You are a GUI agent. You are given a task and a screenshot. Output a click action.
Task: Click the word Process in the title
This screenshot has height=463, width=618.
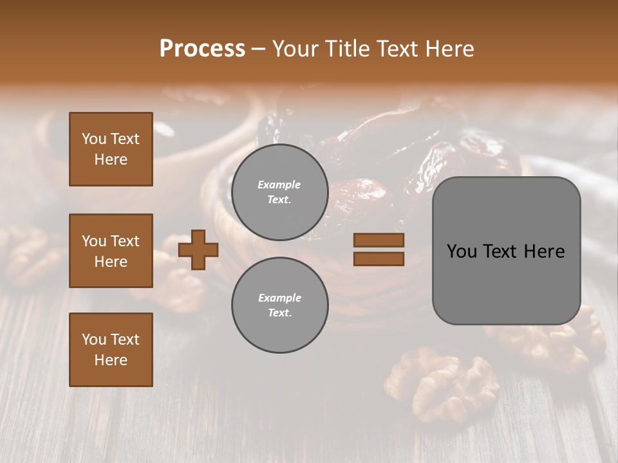click(x=202, y=48)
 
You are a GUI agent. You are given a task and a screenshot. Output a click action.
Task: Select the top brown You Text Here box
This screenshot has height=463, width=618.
click(x=111, y=149)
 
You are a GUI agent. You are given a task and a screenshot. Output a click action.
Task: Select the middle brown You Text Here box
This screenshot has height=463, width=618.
click(x=111, y=251)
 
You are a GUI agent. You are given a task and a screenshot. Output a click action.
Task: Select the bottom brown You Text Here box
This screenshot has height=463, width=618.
click(x=111, y=350)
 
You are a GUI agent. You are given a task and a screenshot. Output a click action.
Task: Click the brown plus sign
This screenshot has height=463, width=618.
click(x=198, y=250)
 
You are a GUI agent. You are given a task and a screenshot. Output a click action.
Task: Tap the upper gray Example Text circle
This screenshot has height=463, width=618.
click(x=279, y=192)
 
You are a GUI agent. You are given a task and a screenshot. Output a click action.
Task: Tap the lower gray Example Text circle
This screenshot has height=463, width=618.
click(x=279, y=305)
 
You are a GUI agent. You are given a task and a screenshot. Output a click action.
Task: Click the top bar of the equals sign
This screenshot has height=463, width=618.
click(x=379, y=241)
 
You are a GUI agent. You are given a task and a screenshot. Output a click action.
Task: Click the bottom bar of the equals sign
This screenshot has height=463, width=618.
click(x=379, y=259)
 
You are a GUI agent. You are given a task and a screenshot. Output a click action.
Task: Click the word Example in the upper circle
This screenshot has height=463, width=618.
click(x=279, y=185)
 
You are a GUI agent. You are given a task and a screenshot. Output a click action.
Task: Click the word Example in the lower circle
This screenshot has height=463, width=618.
click(x=279, y=298)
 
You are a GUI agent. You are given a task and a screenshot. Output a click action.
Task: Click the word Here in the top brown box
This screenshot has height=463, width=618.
click(x=111, y=159)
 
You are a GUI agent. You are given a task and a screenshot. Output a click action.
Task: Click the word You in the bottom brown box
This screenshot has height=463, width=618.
click(x=94, y=340)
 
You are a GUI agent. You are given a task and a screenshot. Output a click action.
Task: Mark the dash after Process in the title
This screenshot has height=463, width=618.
click(x=258, y=49)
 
